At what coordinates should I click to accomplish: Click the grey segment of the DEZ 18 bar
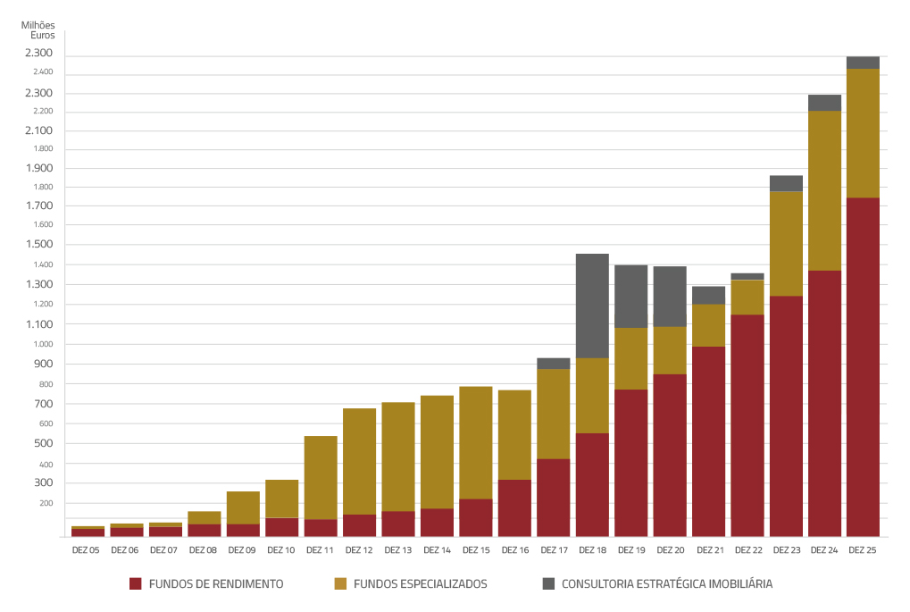(592, 306)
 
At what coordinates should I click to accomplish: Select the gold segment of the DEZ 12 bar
(359, 461)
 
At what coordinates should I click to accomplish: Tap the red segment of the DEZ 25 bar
(863, 366)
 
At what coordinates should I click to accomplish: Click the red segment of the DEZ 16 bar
(514, 507)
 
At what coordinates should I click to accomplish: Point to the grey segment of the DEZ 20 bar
(670, 296)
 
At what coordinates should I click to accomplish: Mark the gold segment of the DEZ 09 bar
(243, 507)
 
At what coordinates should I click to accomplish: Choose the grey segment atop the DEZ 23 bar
(786, 183)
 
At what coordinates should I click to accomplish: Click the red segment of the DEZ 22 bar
(747, 424)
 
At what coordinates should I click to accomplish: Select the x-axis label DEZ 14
(437, 550)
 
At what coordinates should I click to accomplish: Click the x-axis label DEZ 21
(709, 550)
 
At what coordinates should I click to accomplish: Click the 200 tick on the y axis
(46, 504)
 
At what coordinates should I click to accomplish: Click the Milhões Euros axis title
(38, 30)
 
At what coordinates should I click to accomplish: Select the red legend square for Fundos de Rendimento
(136, 584)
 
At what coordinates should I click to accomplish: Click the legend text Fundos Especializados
(421, 584)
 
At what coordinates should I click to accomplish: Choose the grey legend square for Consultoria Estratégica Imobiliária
(548, 584)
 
